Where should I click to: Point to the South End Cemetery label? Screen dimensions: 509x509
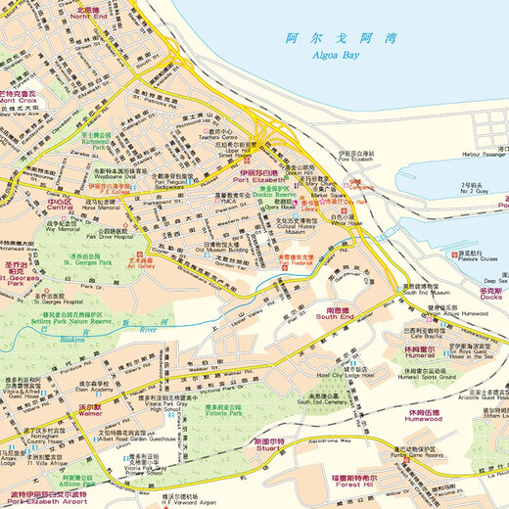(326, 400)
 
